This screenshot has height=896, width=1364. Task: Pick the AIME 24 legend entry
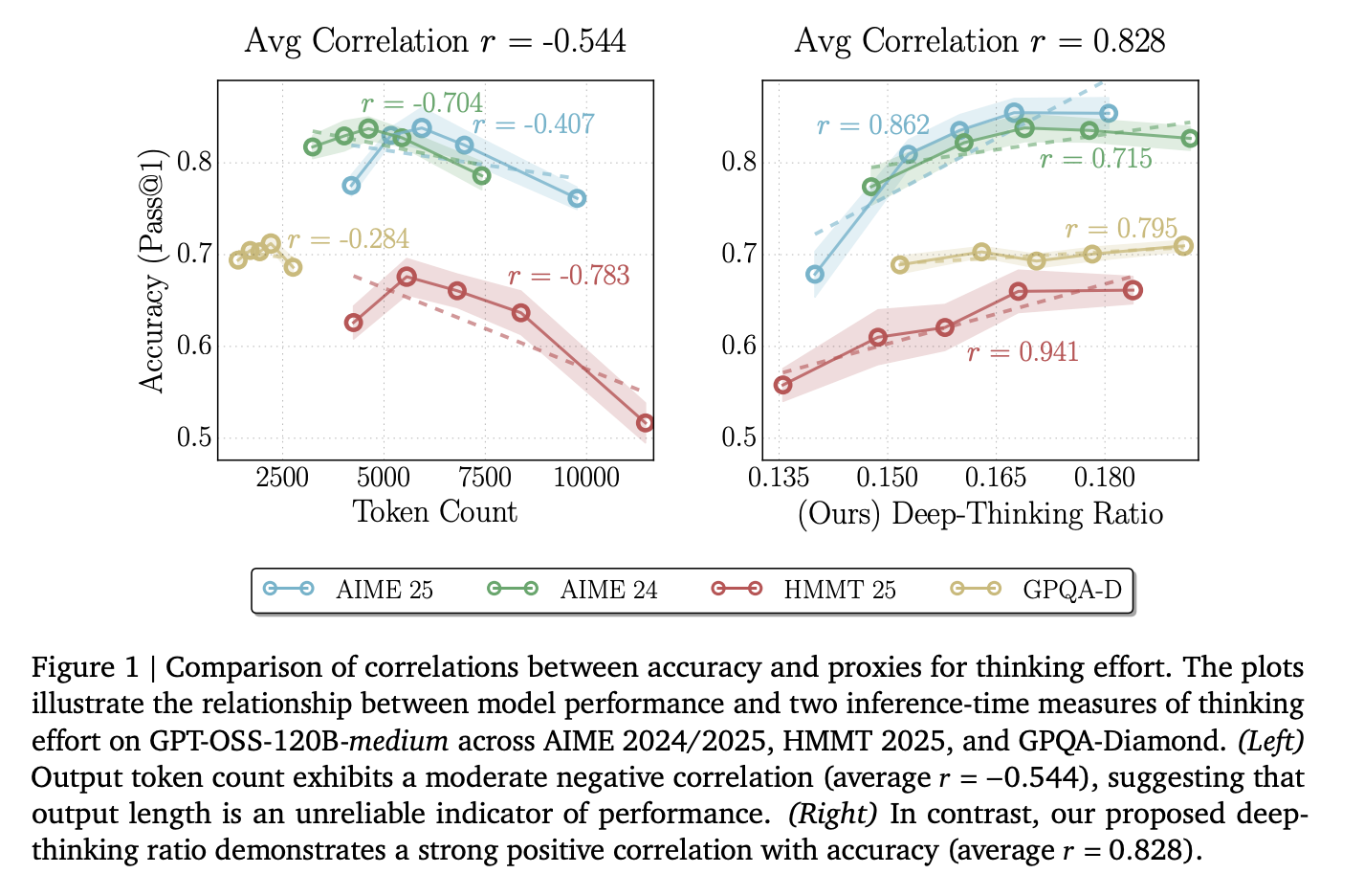coord(573,590)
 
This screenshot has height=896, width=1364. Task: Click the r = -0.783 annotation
coord(568,277)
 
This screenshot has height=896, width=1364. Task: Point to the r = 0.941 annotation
coord(1023,352)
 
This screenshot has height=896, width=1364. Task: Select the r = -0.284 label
coord(348,239)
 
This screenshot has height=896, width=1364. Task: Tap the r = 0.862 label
coord(872,125)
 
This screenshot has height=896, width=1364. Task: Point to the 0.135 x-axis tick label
coord(779,479)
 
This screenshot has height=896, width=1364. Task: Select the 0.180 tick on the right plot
coord(1104,479)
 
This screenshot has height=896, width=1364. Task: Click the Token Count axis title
coord(435,512)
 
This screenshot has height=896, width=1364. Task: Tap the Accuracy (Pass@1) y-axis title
coord(153,270)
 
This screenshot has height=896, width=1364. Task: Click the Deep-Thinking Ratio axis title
coord(979,514)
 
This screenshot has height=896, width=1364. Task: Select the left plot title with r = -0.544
coord(435,41)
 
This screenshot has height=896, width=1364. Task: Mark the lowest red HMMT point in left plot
coord(645,422)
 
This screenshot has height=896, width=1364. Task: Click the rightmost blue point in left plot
coord(577,198)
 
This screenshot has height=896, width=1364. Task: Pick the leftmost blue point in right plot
coord(815,274)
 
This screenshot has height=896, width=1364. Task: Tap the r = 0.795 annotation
coord(1121,230)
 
